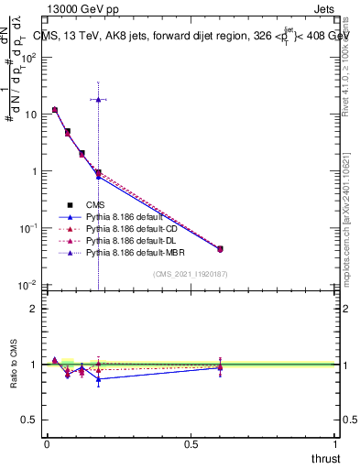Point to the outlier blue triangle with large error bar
click(x=98, y=99)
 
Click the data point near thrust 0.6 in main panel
click(x=220, y=249)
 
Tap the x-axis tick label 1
click(x=335, y=443)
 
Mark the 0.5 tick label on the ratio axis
click(x=31, y=420)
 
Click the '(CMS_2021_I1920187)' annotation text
click(x=191, y=274)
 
